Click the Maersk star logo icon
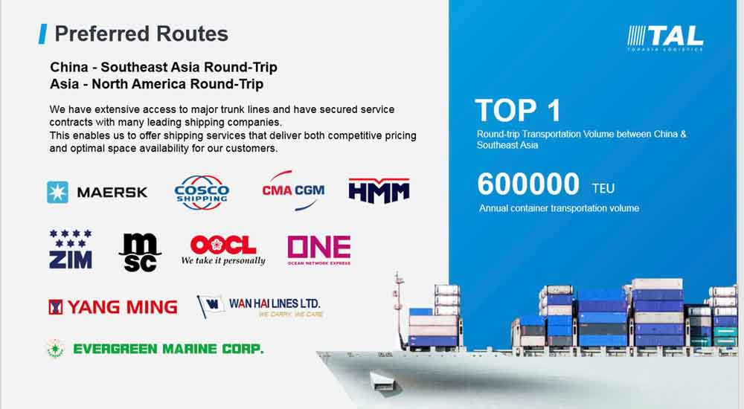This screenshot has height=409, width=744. [57, 192]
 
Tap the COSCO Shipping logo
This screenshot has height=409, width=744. [202, 192]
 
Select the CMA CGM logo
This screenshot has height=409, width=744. [293, 190]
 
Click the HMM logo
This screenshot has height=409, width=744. [379, 190]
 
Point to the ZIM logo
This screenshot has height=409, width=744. [71, 249]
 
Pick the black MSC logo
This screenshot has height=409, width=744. [140, 252]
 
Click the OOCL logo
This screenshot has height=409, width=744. [223, 245]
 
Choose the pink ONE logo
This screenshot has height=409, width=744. [319, 250]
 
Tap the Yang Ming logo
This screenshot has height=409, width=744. [113, 307]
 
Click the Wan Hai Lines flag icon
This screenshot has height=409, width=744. [211, 306]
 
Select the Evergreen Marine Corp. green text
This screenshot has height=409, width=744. [168, 350]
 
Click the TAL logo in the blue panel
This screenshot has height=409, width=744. [665, 38]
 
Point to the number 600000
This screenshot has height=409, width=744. [528, 184]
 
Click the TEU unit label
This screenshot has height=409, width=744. [603, 188]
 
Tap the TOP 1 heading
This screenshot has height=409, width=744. [518, 111]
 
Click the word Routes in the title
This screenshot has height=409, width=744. [192, 33]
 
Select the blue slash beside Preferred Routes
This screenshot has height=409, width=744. [42, 33]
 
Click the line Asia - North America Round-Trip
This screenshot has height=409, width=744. [156, 84]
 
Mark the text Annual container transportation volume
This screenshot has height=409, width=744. [559, 208]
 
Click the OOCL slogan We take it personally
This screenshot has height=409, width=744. [223, 260]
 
